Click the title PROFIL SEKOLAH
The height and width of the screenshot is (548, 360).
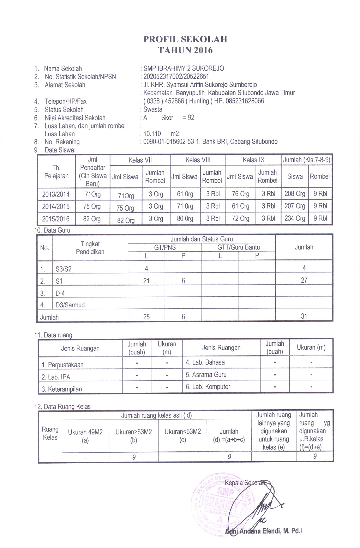[185, 39]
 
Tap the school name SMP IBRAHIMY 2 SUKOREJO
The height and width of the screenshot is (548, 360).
[184, 68]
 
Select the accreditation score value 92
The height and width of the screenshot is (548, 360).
[191, 118]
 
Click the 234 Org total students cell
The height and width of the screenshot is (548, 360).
[295, 218]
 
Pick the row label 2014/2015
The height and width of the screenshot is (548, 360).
[56, 206]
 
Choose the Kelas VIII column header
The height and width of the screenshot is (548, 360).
[198, 160]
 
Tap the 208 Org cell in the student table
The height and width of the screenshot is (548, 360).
[295, 194]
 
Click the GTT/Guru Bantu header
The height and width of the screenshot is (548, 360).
[238, 247]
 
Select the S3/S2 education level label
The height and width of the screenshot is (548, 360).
[64, 269]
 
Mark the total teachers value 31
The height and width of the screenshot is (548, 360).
[304, 316]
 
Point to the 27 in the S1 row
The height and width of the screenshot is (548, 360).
[304, 281]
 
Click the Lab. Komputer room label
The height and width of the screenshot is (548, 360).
[208, 387]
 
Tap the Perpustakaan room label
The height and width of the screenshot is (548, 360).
[62, 365]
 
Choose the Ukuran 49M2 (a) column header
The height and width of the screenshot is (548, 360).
[85, 436]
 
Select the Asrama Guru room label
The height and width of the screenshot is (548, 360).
[206, 375]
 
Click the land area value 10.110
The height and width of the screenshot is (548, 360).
[152, 134]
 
